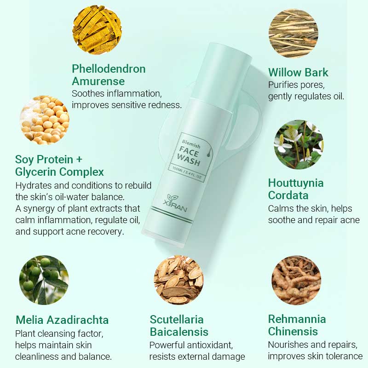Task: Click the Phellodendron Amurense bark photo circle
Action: point(97,29)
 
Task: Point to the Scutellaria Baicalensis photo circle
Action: point(178,280)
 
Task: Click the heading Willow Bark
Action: point(298,72)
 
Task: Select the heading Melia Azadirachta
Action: point(62,320)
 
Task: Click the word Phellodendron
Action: point(109,69)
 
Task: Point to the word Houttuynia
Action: point(296,183)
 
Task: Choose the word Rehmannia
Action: point(297,319)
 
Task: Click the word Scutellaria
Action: point(177,319)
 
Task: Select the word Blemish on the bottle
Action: point(185,139)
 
